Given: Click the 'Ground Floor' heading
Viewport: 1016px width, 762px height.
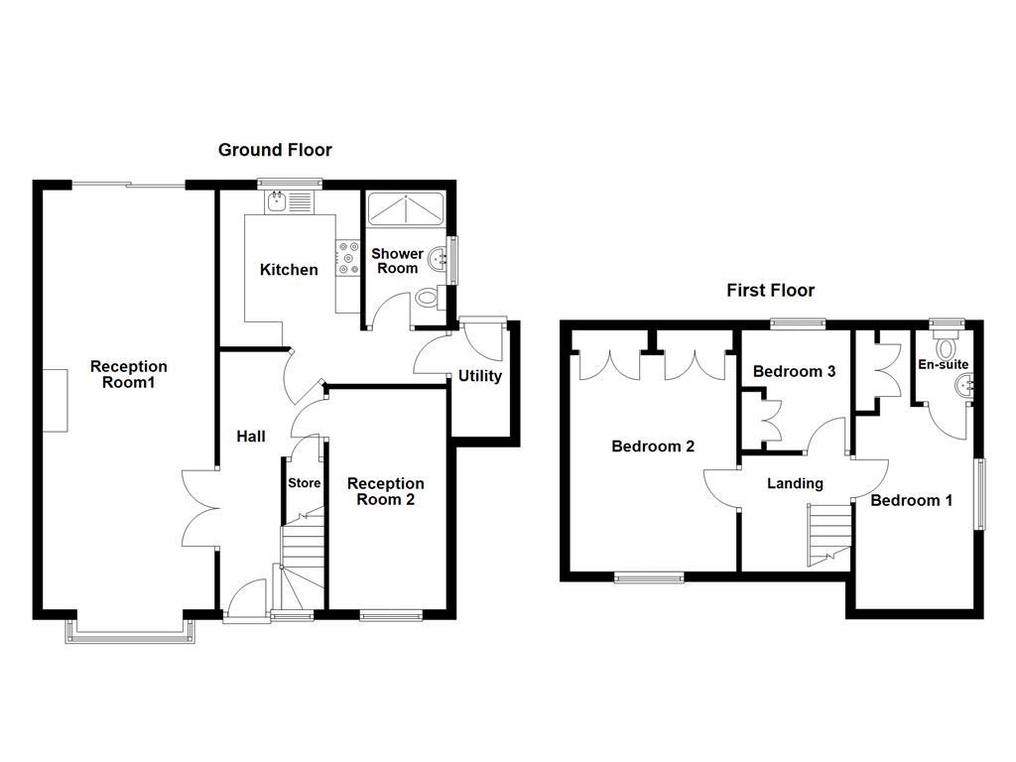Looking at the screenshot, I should point(275,150).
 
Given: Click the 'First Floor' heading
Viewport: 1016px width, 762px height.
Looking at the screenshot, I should point(770,290).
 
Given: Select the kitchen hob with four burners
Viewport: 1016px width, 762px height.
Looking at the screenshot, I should point(348,258).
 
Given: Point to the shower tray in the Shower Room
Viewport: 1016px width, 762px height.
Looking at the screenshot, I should point(406,210).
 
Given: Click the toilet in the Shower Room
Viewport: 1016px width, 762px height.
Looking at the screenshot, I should point(428,297).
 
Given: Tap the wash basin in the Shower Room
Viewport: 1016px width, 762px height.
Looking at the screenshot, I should point(438,257).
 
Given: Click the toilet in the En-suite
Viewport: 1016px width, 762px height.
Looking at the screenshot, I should point(945,346).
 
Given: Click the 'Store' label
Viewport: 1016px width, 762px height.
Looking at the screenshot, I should point(304,483).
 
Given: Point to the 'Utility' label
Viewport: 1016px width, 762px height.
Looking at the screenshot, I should point(479,376).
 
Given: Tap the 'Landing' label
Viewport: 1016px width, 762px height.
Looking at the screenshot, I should point(796,483).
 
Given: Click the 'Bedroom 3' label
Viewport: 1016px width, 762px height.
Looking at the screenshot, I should point(794,371).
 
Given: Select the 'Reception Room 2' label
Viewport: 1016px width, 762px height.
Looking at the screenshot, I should point(385,491).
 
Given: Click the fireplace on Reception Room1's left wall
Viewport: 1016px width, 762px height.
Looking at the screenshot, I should point(56,399).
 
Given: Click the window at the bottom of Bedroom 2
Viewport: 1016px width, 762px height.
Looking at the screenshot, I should point(649,575).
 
